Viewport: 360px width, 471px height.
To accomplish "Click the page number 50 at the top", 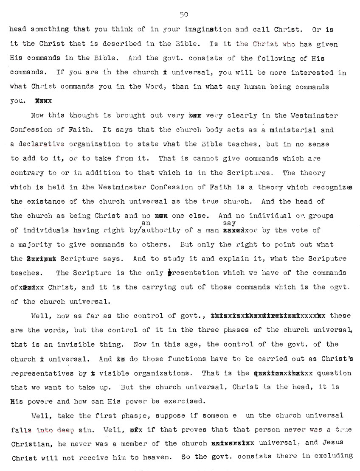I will click(x=184, y=14).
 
